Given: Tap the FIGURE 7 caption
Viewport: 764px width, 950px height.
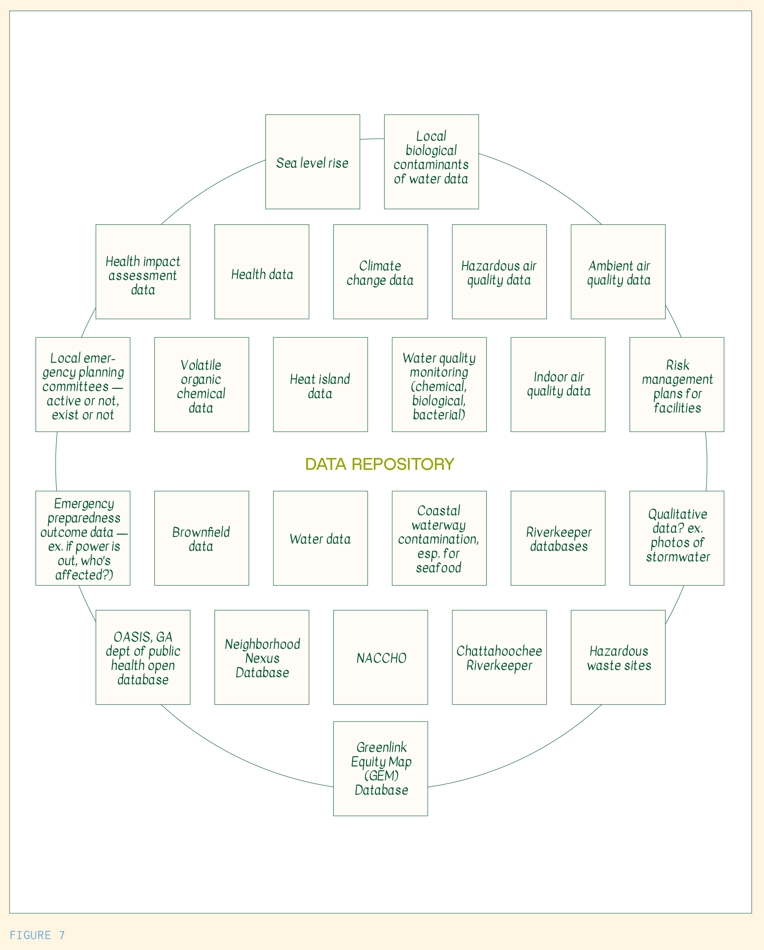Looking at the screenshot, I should (37, 935).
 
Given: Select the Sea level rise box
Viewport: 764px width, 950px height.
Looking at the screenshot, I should (312, 162).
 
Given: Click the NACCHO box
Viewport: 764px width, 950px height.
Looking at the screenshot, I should (380, 657).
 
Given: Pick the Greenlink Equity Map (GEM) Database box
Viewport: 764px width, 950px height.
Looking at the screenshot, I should (380, 768).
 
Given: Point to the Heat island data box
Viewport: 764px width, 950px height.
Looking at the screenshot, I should (320, 385).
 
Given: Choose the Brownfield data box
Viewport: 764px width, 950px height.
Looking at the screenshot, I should (201, 538).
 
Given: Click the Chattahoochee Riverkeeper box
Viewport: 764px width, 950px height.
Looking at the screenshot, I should (499, 657).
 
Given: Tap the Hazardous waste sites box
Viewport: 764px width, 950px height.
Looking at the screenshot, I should (618, 657).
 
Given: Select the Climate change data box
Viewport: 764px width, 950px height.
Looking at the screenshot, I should (380, 272).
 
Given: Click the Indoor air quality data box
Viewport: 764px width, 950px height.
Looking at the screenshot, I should (558, 385).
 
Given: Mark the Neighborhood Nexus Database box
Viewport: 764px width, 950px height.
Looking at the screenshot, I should (262, 657).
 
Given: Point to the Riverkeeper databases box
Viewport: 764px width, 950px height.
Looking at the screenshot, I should (558, 538).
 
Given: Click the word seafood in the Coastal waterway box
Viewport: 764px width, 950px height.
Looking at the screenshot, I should (438, 568).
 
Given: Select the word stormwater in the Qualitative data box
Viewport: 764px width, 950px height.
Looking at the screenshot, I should (678, 557).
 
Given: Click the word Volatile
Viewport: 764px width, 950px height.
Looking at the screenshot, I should (201, 365).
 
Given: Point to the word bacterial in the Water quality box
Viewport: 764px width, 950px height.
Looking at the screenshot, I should (438, 415).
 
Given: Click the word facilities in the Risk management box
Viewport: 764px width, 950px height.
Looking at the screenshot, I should (677, 408).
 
